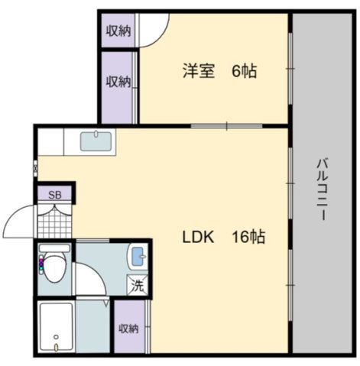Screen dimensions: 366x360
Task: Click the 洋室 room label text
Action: tap(198, 71)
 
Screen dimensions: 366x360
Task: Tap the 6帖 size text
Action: tap(244, 71)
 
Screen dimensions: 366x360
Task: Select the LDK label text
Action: tap(197, 237)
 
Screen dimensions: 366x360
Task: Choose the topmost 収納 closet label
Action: tap(118, 31)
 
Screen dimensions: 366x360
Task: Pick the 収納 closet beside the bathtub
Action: tap(128, 328)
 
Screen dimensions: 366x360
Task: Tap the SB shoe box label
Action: tap(54, 194)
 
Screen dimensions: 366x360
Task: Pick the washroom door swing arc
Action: tap(90, 279)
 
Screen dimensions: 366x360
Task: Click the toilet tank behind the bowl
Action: tap(55, 248)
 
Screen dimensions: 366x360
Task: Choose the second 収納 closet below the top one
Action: tap(118, 81)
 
